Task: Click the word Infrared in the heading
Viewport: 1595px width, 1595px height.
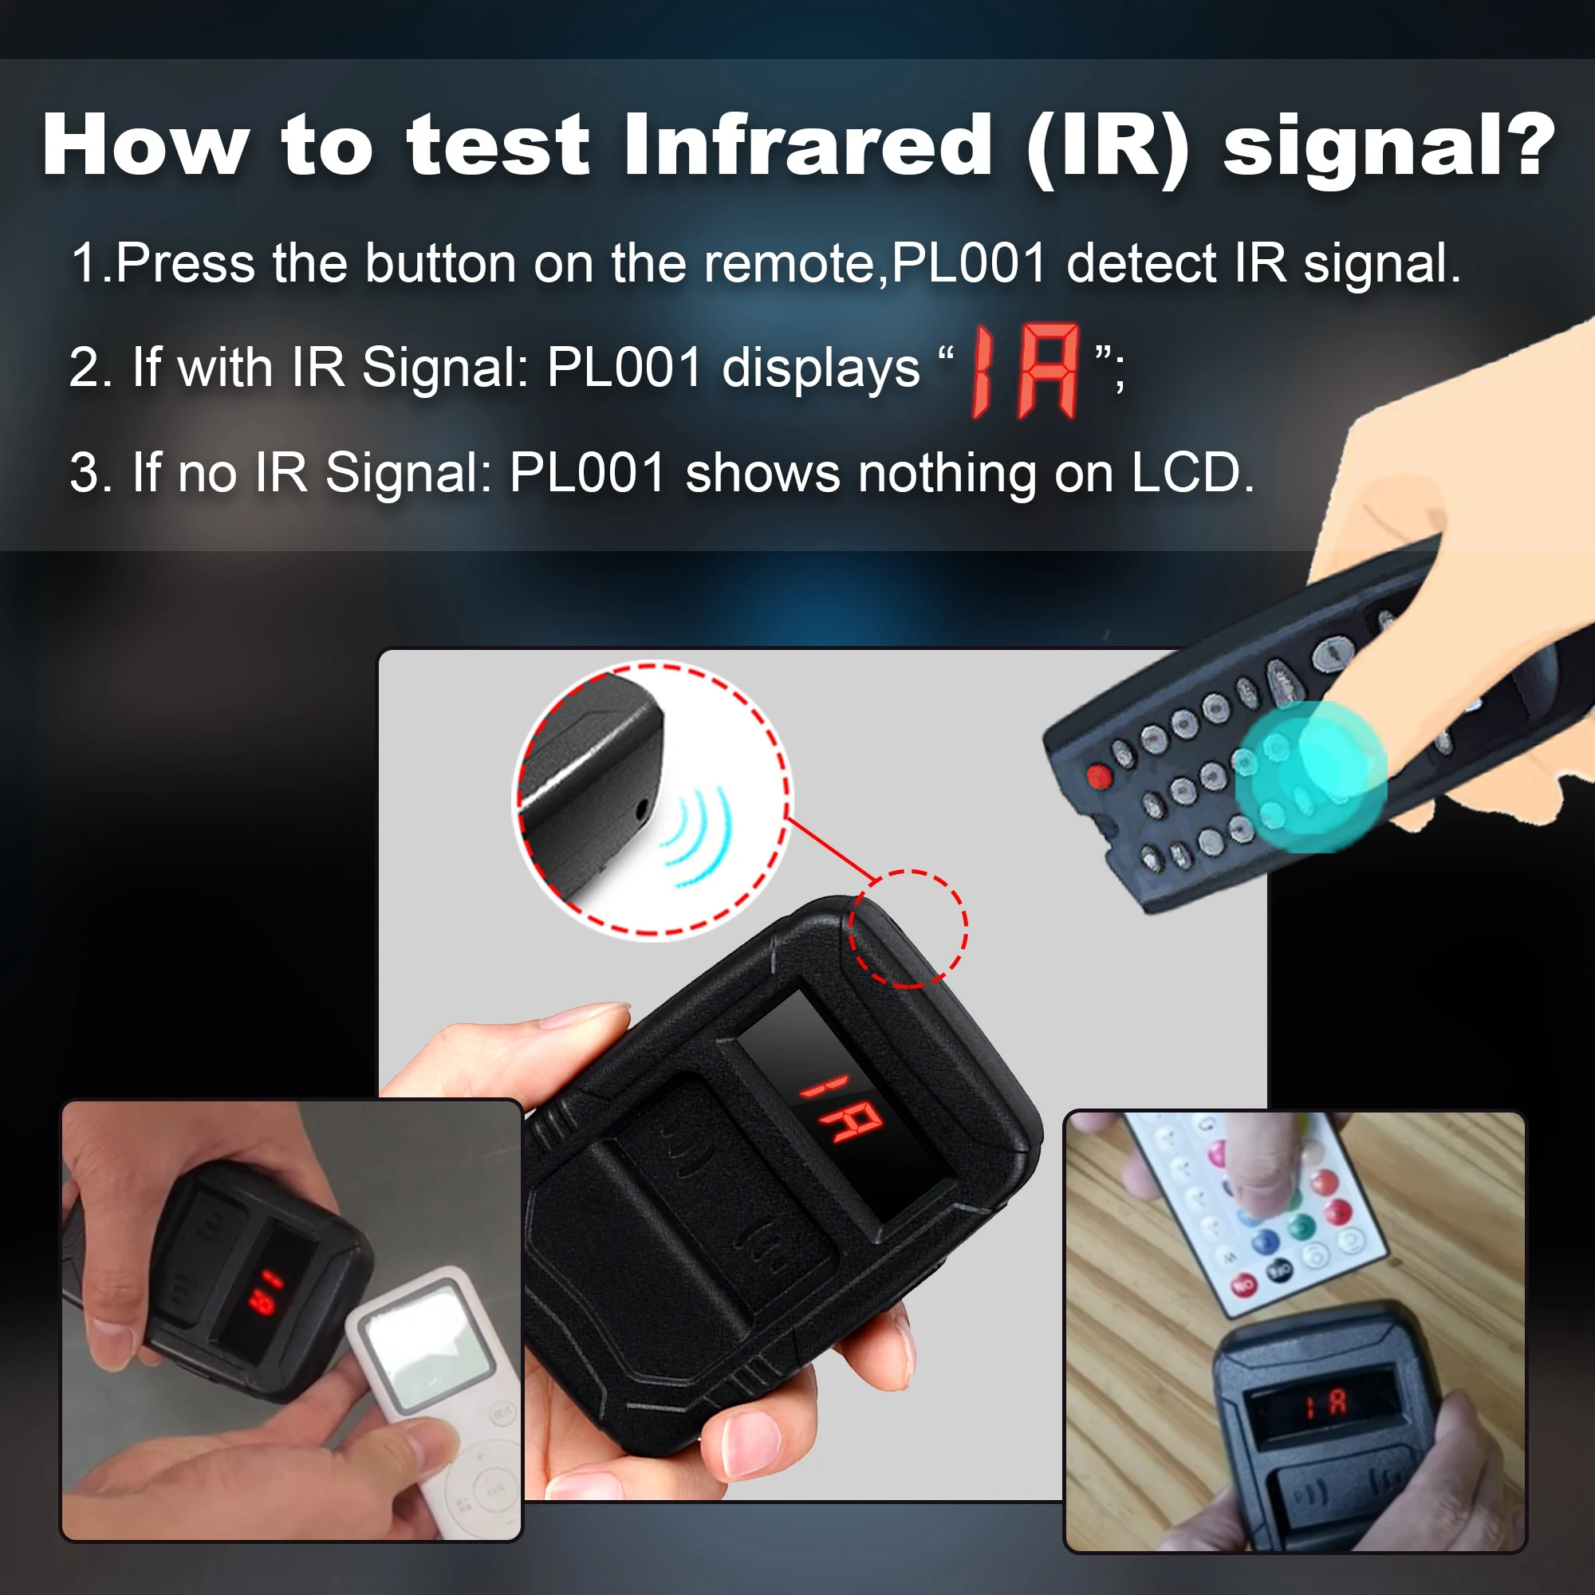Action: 807,146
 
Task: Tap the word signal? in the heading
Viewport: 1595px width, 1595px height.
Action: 1388,146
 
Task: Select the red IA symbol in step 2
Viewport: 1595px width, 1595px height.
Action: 1026,371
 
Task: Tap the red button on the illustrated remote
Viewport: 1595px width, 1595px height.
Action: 1098,776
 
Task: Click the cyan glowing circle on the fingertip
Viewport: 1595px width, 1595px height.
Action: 1310,776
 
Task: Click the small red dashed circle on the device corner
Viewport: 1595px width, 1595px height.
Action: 908,928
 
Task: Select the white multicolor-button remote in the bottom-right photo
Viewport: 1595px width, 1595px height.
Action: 1254,1205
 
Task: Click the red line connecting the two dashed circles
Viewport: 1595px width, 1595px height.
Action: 829,849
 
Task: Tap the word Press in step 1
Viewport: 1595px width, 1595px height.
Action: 185,263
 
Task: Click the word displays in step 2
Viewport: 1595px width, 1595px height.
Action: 820,368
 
